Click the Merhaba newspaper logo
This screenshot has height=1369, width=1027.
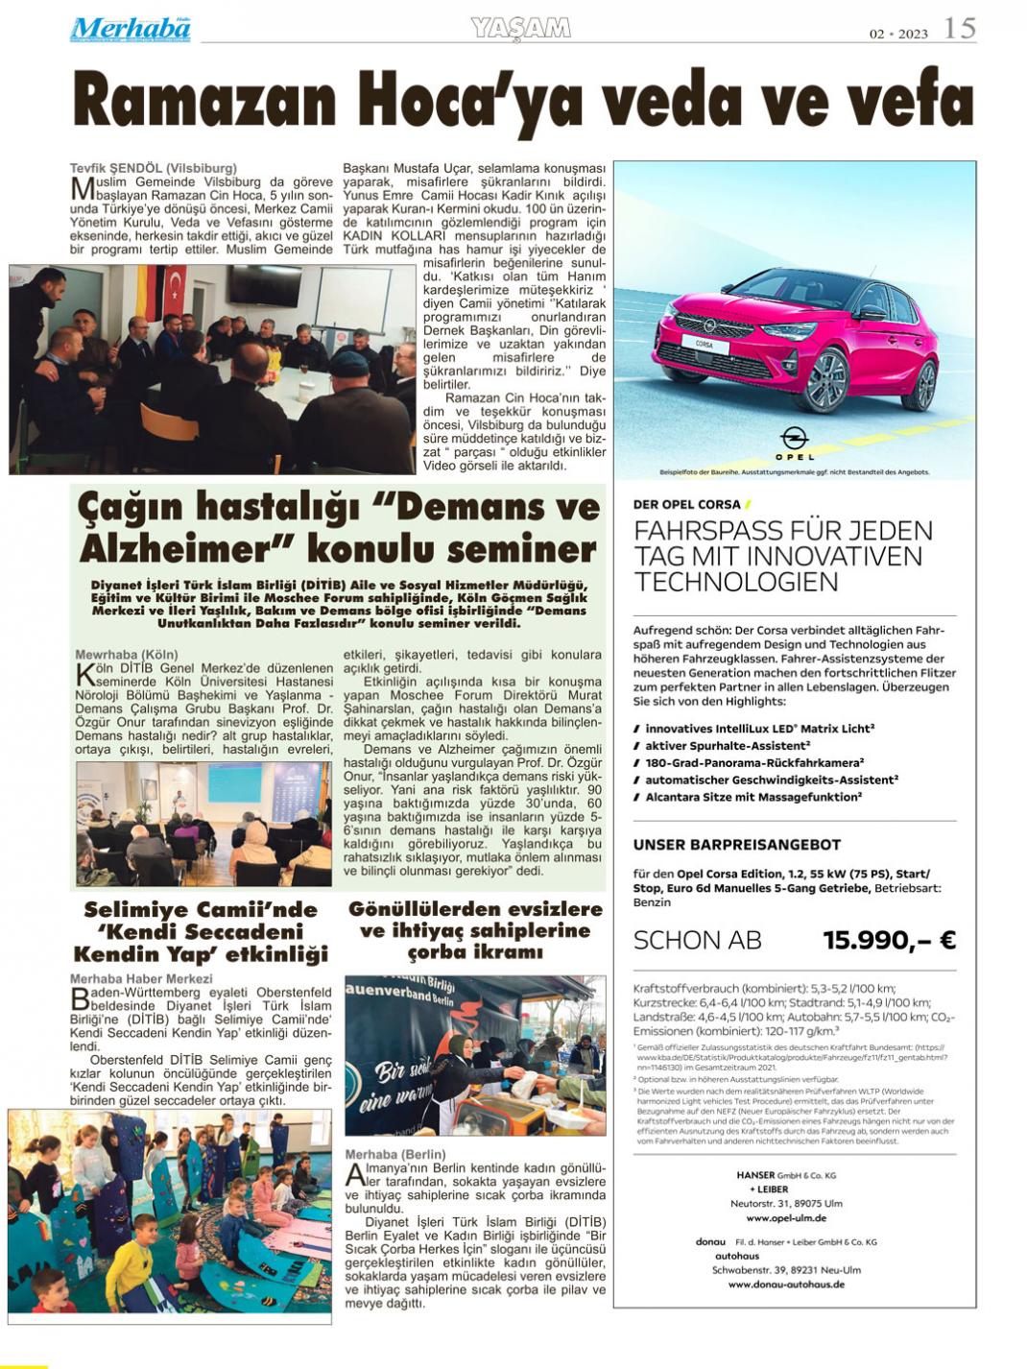(131, 29)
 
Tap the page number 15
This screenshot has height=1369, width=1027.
(959, 28)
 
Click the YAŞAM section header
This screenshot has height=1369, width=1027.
(521, 28)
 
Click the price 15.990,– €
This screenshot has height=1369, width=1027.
(889, 940)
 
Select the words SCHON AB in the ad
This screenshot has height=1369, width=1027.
(697, 940)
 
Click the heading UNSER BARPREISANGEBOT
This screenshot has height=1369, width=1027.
(736, 845)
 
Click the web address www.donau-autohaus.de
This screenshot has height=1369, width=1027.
(785, 1284)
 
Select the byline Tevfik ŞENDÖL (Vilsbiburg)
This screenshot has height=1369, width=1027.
(154, 168)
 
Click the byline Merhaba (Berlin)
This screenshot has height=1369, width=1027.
(395, 1154)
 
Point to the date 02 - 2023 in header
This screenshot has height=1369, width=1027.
(898, 34)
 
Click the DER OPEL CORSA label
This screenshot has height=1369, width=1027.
(687, 504)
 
